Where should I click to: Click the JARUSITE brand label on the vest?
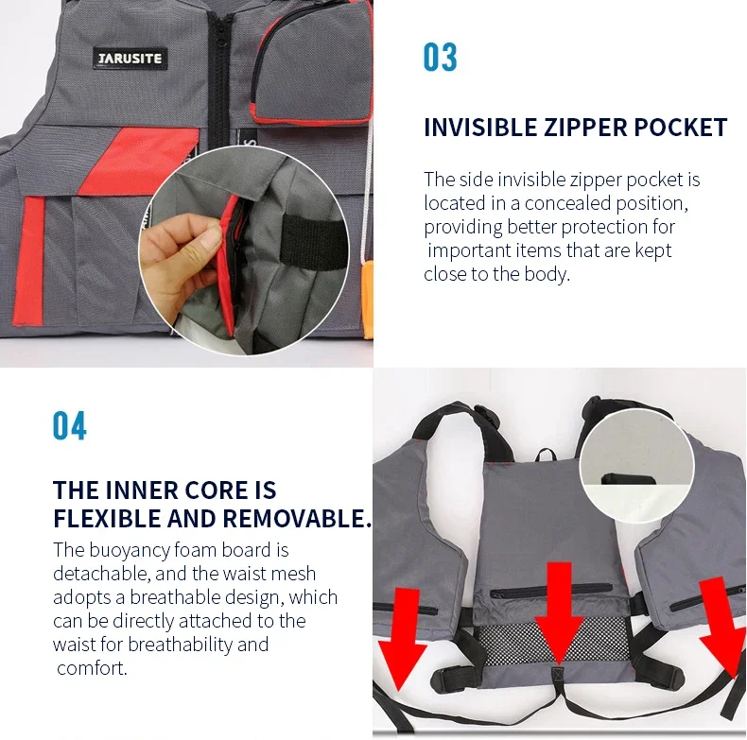[130, 59]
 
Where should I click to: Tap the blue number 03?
[441, 57]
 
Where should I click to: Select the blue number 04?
[70, 425]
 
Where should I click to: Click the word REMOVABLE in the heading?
[297, 518]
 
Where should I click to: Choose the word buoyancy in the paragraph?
[130, 551]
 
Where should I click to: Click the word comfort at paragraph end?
[91, 668]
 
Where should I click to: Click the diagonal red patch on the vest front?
[138, 161]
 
